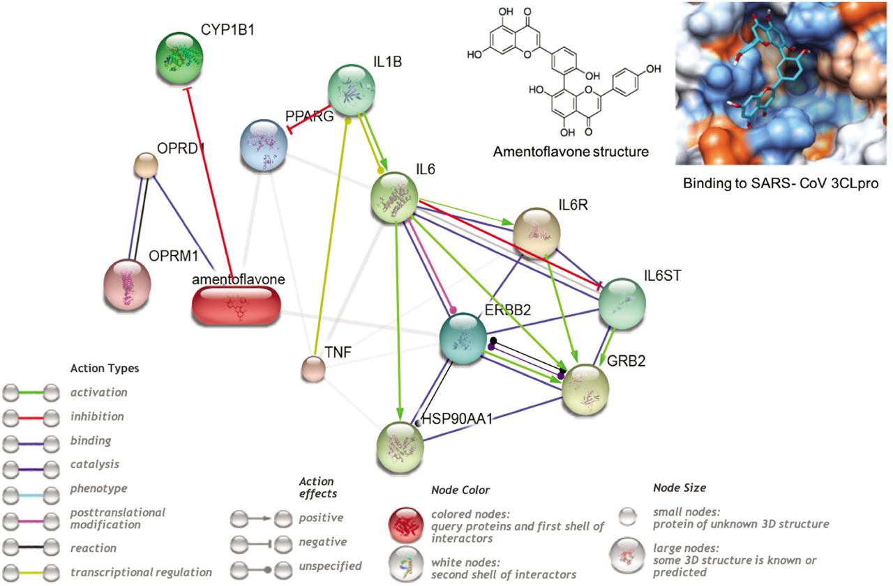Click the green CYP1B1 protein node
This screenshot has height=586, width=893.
coord(179,58)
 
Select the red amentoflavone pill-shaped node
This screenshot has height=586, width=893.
coord(237,306)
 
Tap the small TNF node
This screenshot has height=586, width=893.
coord(313,369)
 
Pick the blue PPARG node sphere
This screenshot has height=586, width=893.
coord(264,146)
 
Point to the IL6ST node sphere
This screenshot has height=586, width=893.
coord(622,304)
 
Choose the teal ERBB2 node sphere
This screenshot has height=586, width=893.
coord(463,339)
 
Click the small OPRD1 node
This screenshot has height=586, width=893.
coord(146,165)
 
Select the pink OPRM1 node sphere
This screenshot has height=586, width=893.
coord(127,284)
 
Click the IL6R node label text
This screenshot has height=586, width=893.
coord(573,205)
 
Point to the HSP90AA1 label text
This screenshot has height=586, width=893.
coord(457,419)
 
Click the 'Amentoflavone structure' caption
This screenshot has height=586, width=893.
coord(571,152)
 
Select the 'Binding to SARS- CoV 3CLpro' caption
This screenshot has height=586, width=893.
coord(781,183)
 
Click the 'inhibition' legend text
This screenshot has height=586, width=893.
coord(97,417)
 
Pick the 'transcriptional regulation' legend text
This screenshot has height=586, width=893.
coord(141,572)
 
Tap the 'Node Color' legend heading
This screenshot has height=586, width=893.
coord(460,490)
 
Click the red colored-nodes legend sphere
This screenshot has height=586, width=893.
coord(406,525)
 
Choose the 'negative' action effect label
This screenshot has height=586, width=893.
coord(323,542)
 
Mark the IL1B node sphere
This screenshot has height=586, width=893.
coord(351,91)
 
